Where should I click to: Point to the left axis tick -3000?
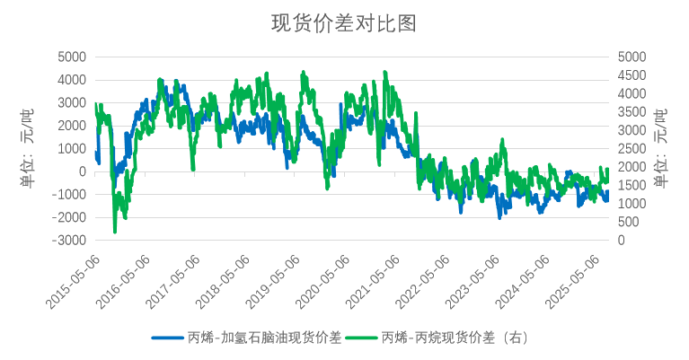tap(68, 241)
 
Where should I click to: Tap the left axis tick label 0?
tap(83, 171)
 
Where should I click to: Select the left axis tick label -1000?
tap(68, 195)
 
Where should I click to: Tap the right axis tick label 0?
tap(621, 241)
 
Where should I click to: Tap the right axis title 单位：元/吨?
tap(661, 148)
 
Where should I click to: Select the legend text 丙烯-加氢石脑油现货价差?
tap(264, 338)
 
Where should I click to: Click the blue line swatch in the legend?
tap(168, 338)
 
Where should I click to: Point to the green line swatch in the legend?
tap(362, 338)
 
